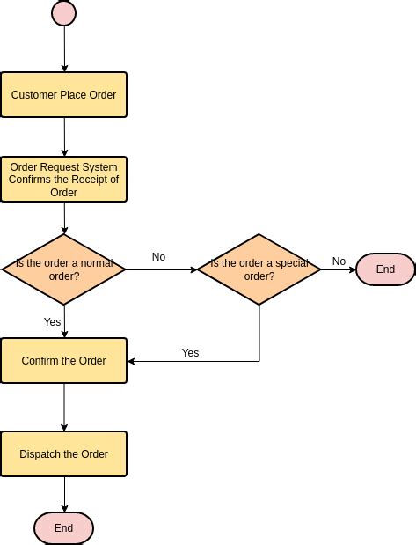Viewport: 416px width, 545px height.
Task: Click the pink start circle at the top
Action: (x=64, y=13)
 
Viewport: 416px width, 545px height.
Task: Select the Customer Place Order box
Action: (x=64, y=95)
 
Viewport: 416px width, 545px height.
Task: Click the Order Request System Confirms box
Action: (x=64, y=180)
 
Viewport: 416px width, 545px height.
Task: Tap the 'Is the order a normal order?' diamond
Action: (x=64, y=269)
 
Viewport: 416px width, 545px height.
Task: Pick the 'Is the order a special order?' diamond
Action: (x=259, y=269)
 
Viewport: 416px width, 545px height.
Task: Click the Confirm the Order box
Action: (x=64, y=361)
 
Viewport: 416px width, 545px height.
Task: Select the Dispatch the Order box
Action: (x=64, y=454)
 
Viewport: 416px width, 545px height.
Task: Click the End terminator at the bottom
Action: (x=64, y=528)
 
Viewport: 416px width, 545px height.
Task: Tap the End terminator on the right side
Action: (x=385, y=269)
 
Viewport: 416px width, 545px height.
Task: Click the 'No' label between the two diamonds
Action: (x=158, y=257)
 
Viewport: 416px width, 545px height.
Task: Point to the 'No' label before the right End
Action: (x=339, y=261)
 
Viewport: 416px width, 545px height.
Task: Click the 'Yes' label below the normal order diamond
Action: (x=53, y=322)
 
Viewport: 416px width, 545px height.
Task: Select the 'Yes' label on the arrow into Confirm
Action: (x=190, y=353)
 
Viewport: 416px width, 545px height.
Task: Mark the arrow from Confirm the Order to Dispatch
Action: (x=64, y=407)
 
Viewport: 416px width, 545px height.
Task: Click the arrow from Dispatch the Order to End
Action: (x=64, y=494)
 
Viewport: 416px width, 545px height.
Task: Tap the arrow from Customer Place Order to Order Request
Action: (x=64, y=136)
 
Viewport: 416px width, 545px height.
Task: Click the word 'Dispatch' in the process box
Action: (x=41, y=454)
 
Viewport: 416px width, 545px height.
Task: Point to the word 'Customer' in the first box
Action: (x=34, y=95)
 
